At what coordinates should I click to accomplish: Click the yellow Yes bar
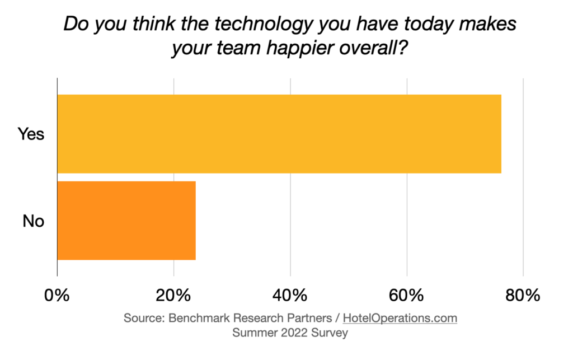tap(279, 134)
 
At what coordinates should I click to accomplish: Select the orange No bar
tap(126, 221)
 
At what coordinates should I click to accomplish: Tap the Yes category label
tap(31, 134)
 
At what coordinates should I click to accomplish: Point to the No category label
tap(33, 221)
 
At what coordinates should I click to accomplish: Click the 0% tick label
tap(57, 295)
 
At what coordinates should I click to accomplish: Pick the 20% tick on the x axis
tap(173, 295)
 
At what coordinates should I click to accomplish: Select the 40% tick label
tap(290, 295)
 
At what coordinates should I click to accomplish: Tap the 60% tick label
tap(406, 295)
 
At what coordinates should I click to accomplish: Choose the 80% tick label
tap(523, 295)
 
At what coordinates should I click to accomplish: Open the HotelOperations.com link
tap(400, 318)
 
